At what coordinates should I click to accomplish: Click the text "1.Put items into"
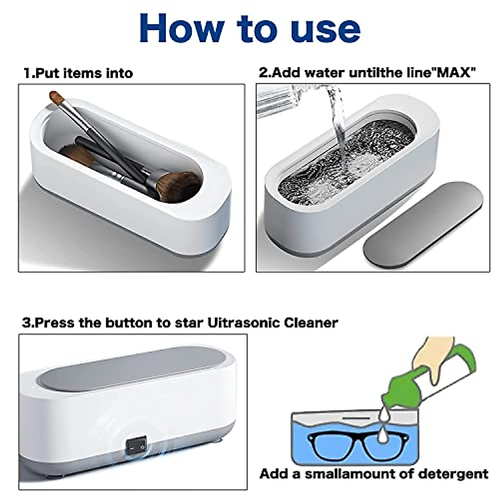[x=78, y=73]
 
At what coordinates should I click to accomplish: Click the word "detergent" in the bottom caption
[x=453, y=474]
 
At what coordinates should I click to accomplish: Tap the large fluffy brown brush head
[x=179, y=185]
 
